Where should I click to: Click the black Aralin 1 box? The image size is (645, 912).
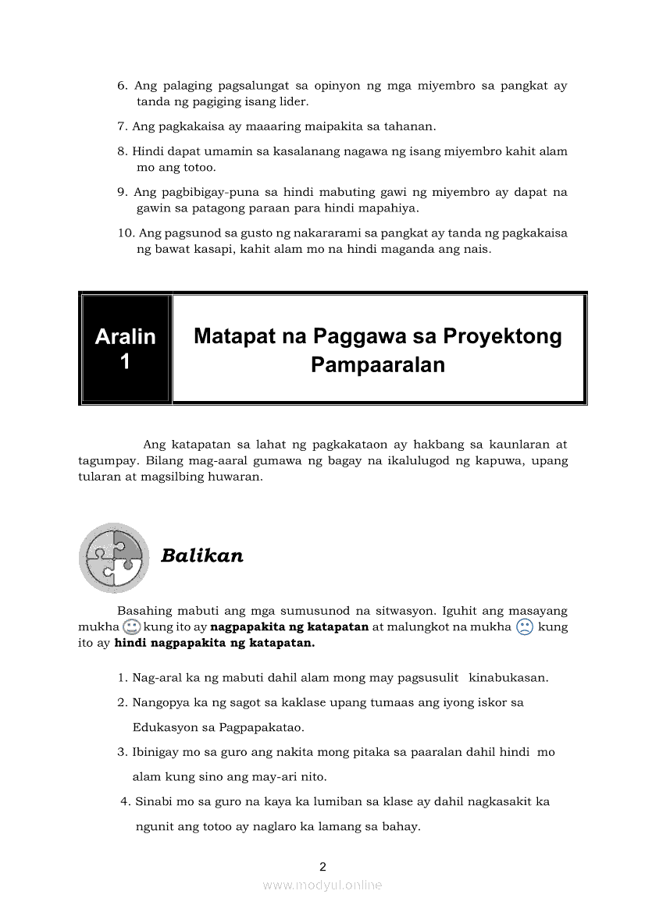[125, 349]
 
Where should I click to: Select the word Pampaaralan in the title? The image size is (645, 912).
[377, 364]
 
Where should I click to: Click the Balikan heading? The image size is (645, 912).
[201, 555]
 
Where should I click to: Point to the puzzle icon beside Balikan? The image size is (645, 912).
[114, 558]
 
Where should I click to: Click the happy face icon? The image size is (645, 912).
[131, 627]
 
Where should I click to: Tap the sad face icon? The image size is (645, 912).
[524, 627]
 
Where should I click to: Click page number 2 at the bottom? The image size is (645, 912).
[322, 866]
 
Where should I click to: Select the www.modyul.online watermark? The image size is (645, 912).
[322, 885]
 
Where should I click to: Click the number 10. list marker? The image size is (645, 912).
[125, 232]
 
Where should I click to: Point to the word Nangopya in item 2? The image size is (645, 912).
[159, 702]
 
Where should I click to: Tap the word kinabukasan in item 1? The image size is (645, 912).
[508, 677]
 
